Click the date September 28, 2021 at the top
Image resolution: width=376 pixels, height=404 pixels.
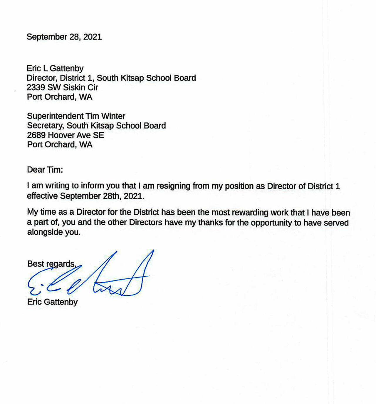[x=64, y=37]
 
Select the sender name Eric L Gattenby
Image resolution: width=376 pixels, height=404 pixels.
[x=55, y=69]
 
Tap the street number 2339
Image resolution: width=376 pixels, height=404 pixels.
[x=36, y=87]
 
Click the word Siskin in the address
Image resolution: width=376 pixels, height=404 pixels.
[x=73, y=87]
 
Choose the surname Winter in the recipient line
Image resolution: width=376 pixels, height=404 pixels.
[x=113, y=116]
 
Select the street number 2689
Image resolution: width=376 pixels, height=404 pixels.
[x=36, y=135]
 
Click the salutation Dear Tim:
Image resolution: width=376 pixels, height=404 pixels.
[x=45, y=170]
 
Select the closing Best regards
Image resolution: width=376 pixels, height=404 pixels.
[x=52, y=264]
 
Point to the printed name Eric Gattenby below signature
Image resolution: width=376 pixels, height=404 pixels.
[x=52, y=302]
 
